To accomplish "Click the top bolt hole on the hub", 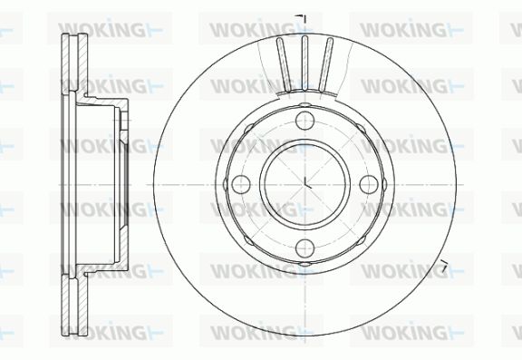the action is (304, 120).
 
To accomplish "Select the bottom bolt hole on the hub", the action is (304, 248).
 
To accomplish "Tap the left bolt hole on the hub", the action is (241, 184).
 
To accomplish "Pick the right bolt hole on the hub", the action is (369, 184).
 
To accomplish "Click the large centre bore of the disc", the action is (304, 184).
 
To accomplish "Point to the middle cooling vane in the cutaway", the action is (304, 63).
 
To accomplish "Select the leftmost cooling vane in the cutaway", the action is (284, 64).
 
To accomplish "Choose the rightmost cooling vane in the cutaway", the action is (325, 64).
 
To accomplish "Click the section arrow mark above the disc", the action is (302, 18).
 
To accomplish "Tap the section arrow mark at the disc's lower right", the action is (443, 265).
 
